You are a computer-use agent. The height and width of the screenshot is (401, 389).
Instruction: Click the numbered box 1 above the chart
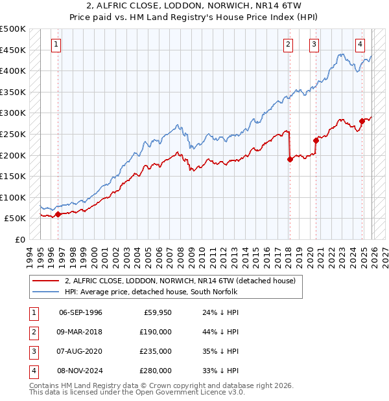56,45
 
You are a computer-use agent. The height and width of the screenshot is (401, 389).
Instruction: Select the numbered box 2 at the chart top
288,45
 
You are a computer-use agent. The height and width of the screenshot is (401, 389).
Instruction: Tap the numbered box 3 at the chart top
314,45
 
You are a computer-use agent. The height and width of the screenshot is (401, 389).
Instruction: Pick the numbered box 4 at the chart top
360,45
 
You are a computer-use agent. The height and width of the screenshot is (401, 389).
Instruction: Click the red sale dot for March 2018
290,160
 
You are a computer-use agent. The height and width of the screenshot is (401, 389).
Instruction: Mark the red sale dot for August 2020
316,140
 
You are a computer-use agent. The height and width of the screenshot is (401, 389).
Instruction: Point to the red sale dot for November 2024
362,122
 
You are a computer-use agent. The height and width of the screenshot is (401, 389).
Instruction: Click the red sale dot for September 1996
58,214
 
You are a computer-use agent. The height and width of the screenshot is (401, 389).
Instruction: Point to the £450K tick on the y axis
13,50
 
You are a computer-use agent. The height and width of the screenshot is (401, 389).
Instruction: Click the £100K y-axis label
13,197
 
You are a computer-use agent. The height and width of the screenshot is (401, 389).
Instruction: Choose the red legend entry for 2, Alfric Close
180,281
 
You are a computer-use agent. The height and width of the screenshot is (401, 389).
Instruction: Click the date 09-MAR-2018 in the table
80,332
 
